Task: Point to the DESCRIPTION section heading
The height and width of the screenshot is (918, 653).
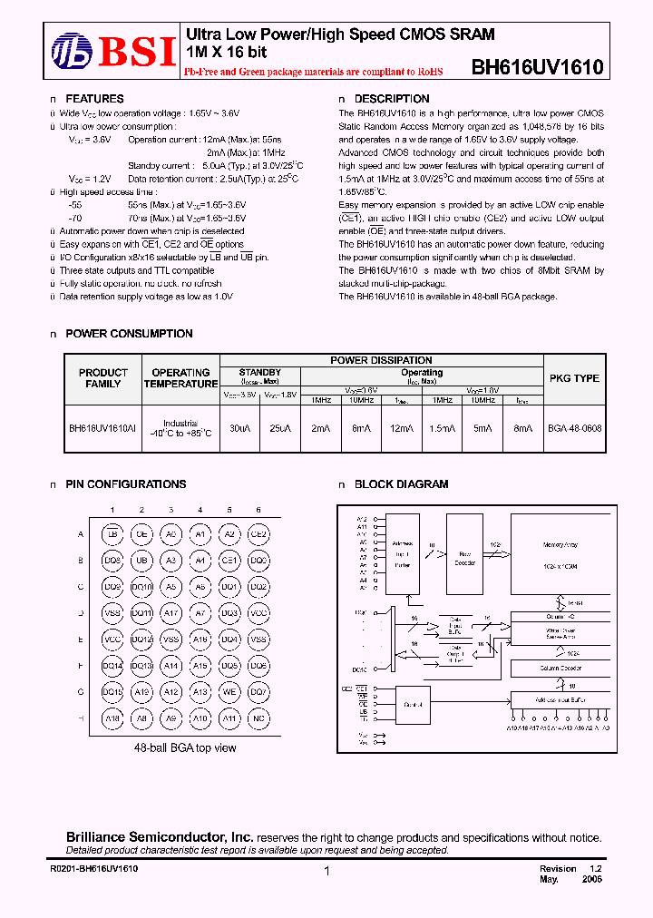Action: click(391, 99)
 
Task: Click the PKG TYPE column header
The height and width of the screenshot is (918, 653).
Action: click(575, 378)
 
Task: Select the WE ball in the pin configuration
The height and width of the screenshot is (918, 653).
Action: click(229, 692)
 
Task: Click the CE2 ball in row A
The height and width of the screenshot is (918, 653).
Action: click(258, 535)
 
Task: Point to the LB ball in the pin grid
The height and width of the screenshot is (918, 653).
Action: click(112, 535)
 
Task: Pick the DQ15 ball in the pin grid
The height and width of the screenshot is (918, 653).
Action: click(112, 692)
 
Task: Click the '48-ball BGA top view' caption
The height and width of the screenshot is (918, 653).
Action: click(185, 747)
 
